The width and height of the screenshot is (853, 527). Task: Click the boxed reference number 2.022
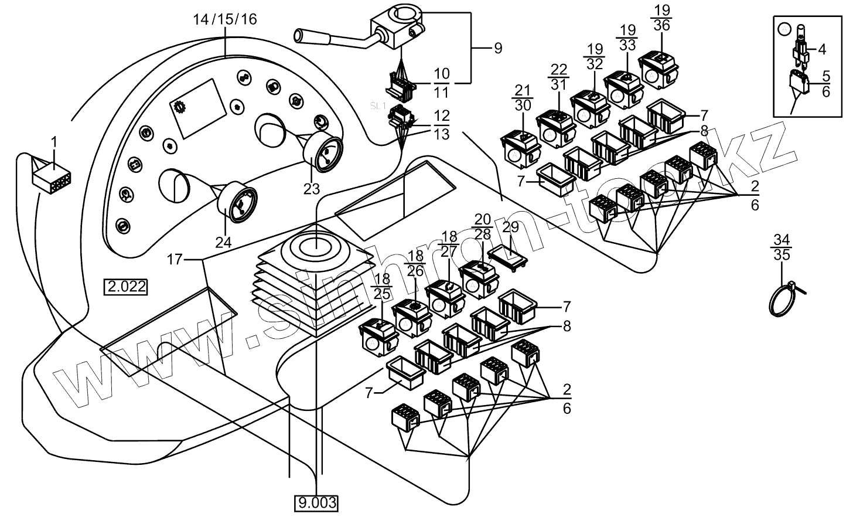tap(125, 287)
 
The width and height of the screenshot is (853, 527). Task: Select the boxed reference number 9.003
tap(317, 503)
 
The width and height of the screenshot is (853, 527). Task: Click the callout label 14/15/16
tap(225, 19)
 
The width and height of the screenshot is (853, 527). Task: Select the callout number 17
tap(175, 259)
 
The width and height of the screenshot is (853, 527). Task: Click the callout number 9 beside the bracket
tap(498, 49)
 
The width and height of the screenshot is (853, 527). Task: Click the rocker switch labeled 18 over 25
tap(378, 335)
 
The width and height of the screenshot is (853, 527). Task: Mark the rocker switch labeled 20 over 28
tap(477, 277)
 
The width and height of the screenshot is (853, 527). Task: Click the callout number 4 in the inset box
tap(822, 49)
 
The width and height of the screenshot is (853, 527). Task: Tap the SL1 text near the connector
tap(378, 106)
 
